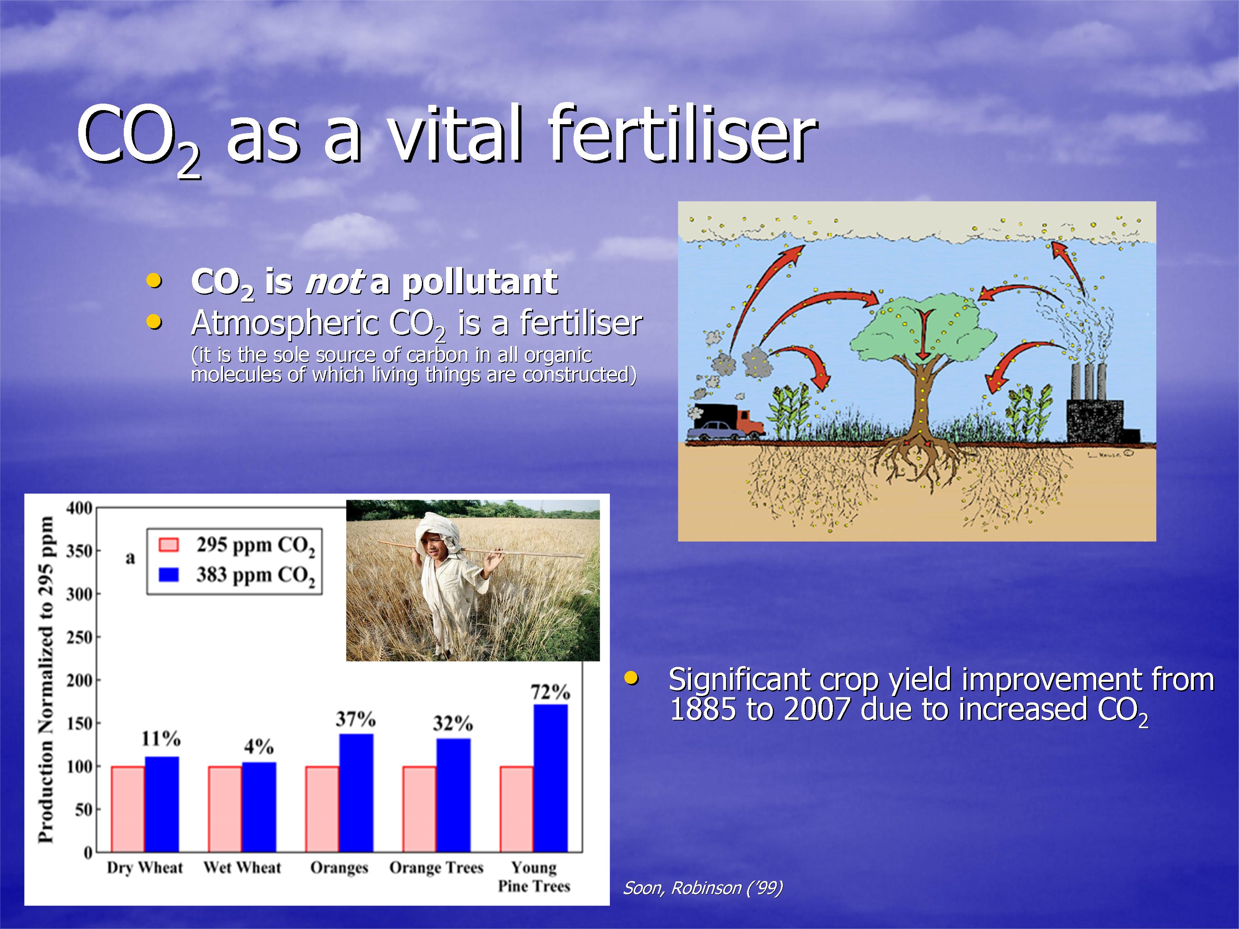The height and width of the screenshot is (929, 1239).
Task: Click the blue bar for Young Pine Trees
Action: (x=551, y=778)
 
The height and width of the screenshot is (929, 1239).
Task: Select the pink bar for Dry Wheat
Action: (x=128, y=809)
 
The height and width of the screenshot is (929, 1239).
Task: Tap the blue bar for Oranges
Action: (x=356, y=793)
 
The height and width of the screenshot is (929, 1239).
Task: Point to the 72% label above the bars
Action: (x=551, y=692)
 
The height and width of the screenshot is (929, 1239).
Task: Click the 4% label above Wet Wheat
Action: (x=259, y=746)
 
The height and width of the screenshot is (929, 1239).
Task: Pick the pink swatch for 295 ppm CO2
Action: (x=169, y=545)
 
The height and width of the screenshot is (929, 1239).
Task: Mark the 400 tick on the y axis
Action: (x=79, y=508)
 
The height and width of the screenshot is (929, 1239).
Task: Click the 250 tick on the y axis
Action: (x=79, y=637)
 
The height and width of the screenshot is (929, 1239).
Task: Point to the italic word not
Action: (x=334, y=282)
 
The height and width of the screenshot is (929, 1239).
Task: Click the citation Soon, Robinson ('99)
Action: (x=703, y=887)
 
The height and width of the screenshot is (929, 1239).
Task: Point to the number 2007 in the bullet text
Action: (x=817, y=709)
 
